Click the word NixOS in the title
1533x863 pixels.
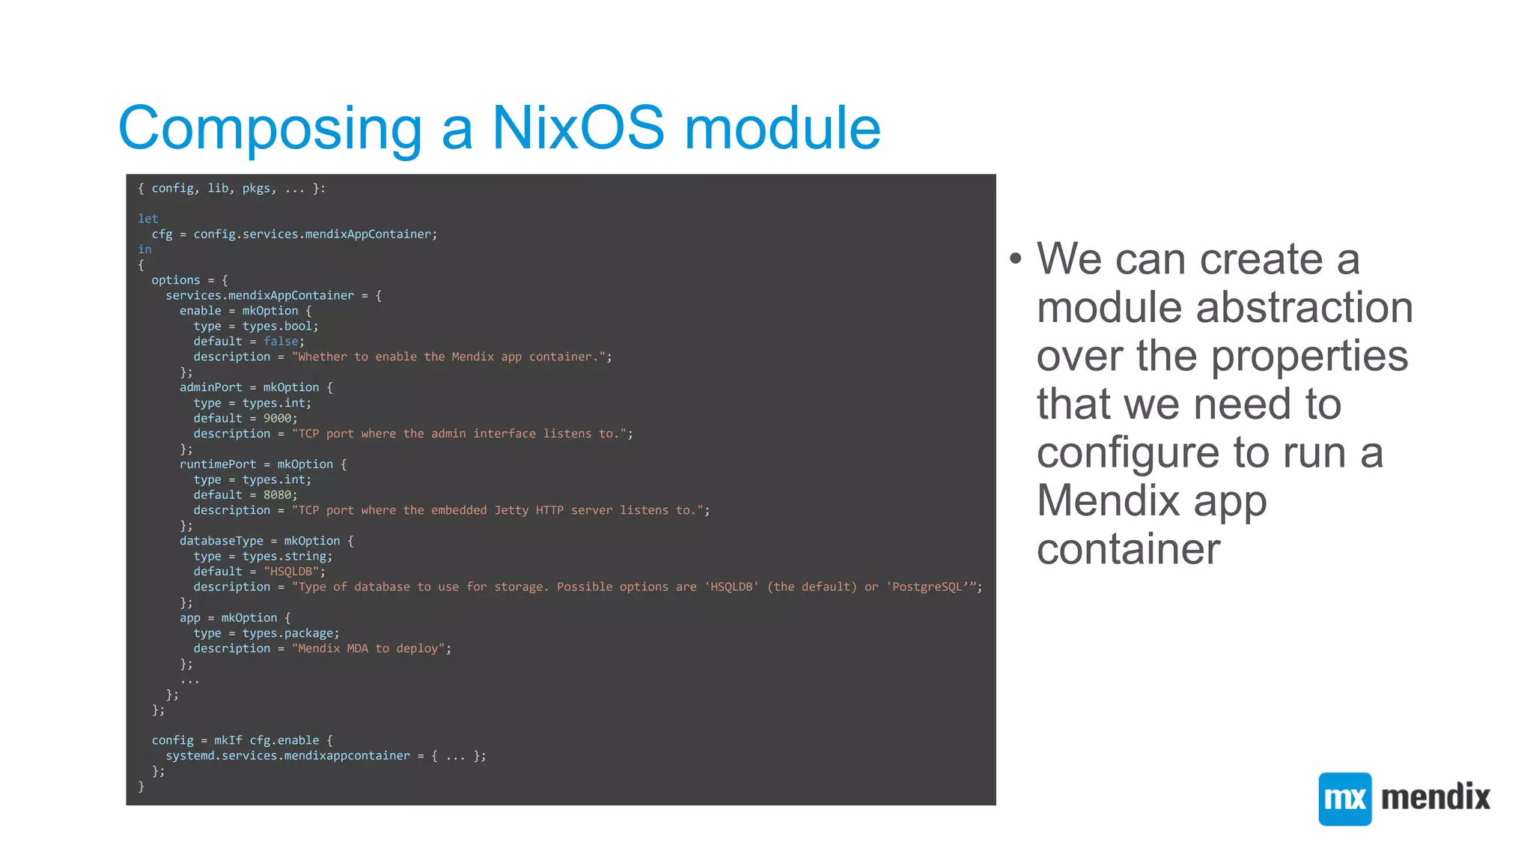[x=578, y=127]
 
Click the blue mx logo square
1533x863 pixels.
[x=1344, y=799]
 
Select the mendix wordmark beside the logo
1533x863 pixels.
[x=1436, y=797]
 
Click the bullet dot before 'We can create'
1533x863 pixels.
[x=1015, y=259]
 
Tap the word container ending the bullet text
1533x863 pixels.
[x=1128, y=549]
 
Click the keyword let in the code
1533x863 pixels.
[x=147, y=219]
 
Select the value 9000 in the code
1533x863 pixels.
[x=277, y=418]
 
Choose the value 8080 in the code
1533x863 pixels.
[x=277, y=494]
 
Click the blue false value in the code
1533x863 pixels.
[x=281, y=342]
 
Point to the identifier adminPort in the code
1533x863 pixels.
[x=210, y=387]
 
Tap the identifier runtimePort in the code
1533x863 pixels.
[x=217, y=464]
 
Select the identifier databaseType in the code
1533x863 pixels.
[x=221, y=541]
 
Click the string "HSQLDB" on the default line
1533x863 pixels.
[x=291, y=572]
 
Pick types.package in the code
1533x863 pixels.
[x=290, y=633]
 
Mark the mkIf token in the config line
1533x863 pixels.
[x=228, y=740]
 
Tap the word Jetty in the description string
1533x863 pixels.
[x=511, y=510]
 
